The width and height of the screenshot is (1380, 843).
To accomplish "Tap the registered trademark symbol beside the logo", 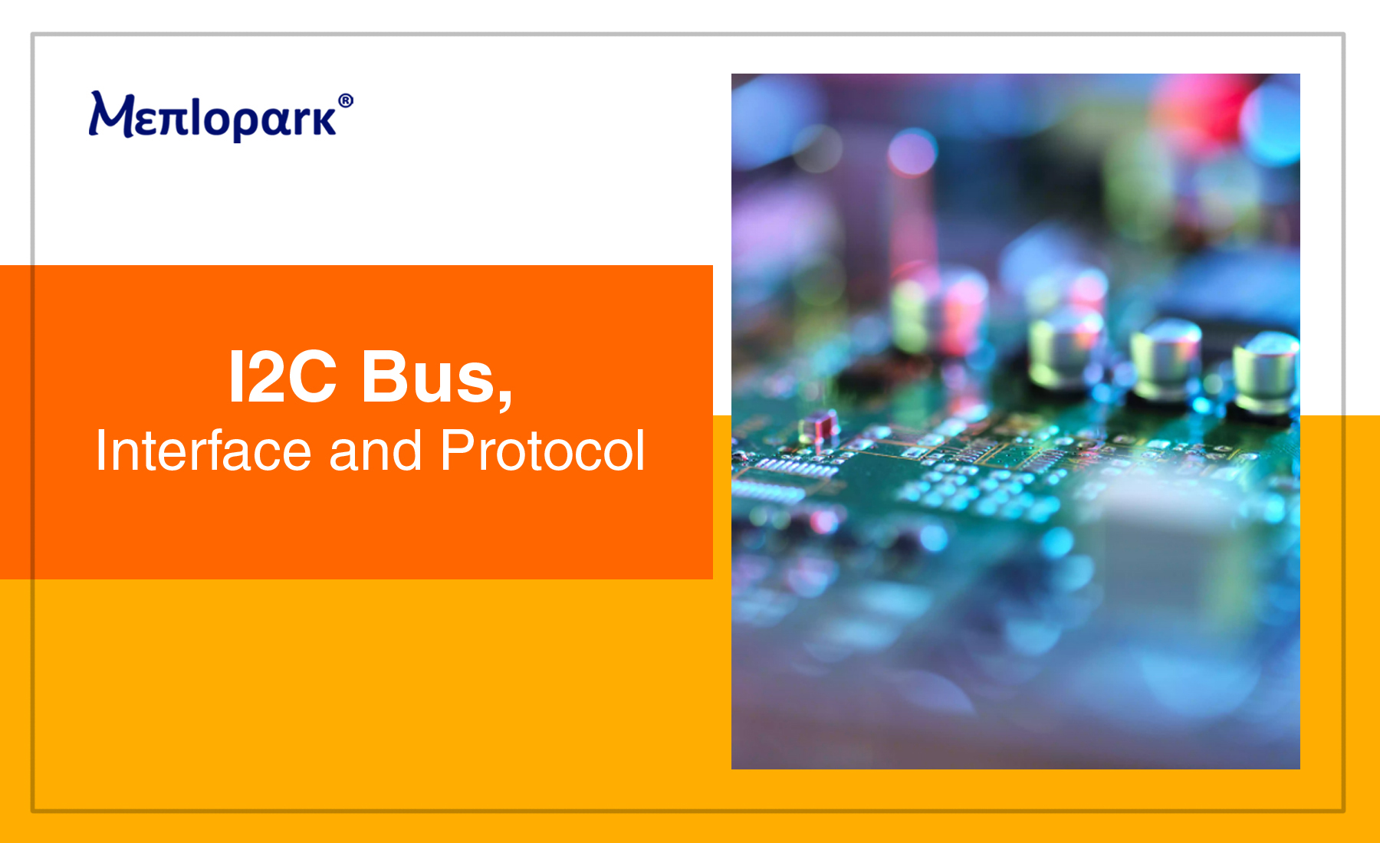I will pos(346,101).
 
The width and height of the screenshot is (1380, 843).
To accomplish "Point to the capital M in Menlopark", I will pos(113,115).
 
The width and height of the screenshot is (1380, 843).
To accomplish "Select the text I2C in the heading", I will pos(282,376).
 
